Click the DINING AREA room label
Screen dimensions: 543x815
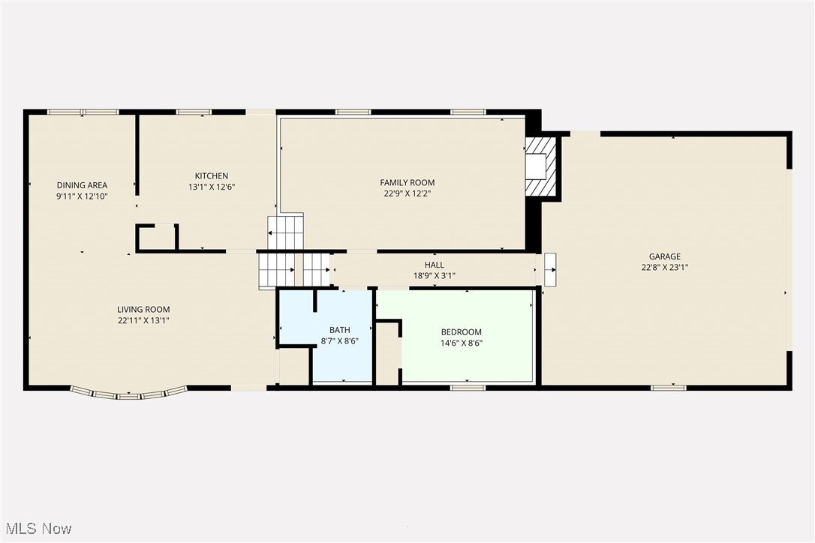click(x=83, y=185)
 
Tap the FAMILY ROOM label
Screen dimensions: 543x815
click(x=407, y=182)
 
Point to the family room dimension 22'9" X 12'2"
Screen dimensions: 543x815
click(x=407, y=193)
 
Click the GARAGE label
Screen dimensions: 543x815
click(x=665, y=256)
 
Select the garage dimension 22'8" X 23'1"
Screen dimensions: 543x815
click(x=665, y=267)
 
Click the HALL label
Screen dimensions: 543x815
click(x=435, y=265)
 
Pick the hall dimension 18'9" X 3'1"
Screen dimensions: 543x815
click(x=435, y=275)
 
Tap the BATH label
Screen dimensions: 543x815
click(x=340, y=330)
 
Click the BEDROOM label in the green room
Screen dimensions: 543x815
click(x=461, y=332)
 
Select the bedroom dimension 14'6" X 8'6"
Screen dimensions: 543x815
click(x=461, y=343)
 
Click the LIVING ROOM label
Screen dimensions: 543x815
click(x=143, y=310)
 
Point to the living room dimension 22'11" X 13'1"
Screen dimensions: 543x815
click(x=143, y=320)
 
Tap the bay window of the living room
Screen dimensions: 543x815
click(x=128, y=392)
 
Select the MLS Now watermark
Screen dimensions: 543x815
click(x=37, y=529)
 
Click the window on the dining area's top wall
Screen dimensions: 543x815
click(x=83, y=112)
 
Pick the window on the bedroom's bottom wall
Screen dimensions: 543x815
click(x=468, y=388)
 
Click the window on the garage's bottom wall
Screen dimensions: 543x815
click(x=668, y=388)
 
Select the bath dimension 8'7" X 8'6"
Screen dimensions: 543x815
click(x=340, y=340)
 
